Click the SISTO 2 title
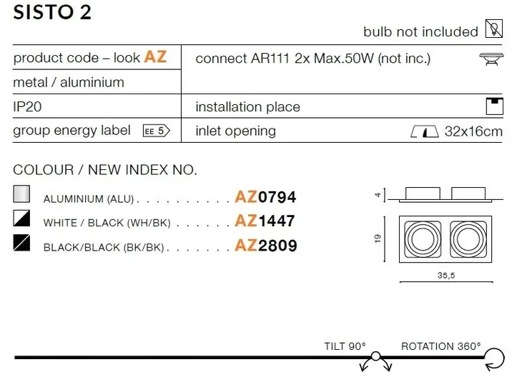[x=52, y=12]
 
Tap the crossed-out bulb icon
[x=494, y=29]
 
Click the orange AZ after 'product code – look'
[x=155, y=57]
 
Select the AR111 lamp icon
[x=491, y=59]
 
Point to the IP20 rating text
[x=27, y=106]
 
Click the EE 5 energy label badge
[x=157, y=131]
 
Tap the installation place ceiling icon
[x=494, y=106]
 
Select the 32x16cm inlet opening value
[x=473, y=131]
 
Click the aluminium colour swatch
[x=21, y=193]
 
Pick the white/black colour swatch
[x=21, y=218]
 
